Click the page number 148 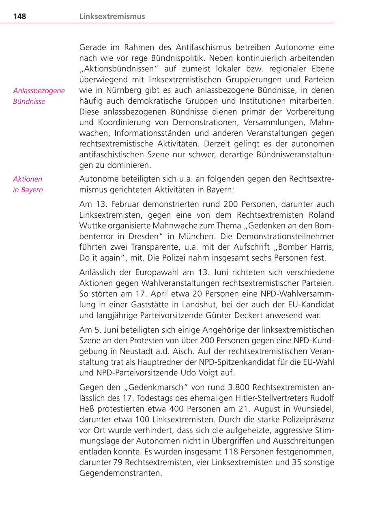19,17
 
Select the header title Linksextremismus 112,17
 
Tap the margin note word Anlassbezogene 39,90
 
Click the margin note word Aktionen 28,179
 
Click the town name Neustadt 133,351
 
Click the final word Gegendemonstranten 120,473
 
